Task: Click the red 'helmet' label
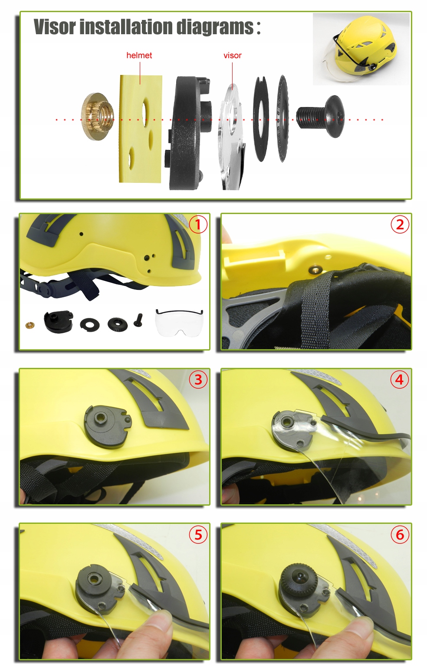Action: (139, 55)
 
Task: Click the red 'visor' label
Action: (232, 55)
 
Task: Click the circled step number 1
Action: (198, 224)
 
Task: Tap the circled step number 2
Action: (400, 224)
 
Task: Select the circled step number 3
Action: (198, 380)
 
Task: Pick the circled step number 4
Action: (400, 380)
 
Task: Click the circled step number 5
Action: (198, 535)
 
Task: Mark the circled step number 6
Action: (400, 535)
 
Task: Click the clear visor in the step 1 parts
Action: (179, 323)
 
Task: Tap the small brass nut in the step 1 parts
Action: (30, 325)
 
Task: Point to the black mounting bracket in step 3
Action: (107, 425)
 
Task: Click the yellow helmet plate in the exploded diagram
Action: (141, 129)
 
